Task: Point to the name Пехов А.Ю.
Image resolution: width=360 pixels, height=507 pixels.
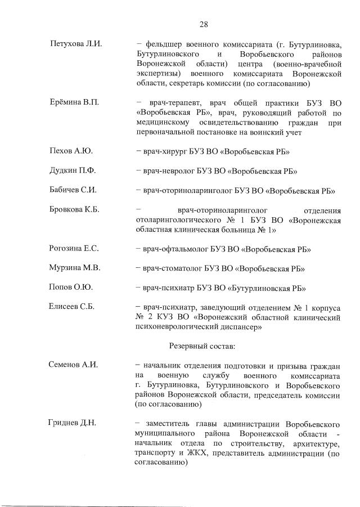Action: click(71, 151)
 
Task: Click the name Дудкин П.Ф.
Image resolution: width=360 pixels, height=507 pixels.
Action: click(74, 171)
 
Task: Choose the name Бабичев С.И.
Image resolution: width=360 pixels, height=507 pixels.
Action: click(73, 190)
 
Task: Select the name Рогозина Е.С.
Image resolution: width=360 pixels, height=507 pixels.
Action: click(74, 249)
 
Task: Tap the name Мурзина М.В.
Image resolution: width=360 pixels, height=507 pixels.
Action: click(75, 268)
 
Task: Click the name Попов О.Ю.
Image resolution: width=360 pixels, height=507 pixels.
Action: click(71, 287)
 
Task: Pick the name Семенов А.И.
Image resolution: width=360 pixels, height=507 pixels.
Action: click(74, 365)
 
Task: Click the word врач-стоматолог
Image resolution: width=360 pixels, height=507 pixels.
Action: click(171, 268)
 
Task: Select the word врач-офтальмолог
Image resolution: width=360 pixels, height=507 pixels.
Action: click(173, 249)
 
